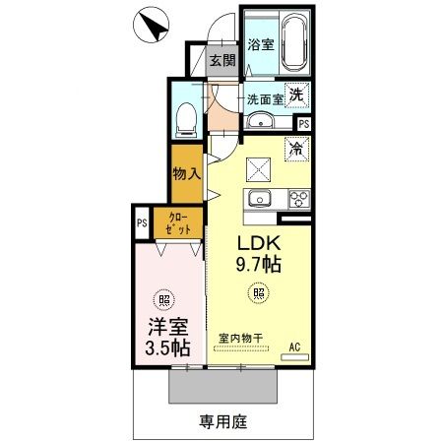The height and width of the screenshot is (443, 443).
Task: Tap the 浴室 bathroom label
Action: click(x=260, y=44)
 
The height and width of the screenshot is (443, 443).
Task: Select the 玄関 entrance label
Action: click(x=221, y=61)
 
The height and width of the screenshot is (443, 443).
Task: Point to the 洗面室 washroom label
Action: click(x=265, y=98)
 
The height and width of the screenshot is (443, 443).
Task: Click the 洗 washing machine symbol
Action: click(x=295, y=96)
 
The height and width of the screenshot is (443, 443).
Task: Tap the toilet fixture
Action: click(x=184, y=120)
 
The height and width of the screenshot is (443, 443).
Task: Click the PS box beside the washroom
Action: click(x=302, y=123)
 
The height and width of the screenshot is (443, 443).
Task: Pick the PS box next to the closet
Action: click(x=142, y=222)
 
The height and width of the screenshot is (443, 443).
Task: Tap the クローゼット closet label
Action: click(x=178, y=221)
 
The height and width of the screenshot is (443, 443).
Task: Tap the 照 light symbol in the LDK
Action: click(x=259, y=291)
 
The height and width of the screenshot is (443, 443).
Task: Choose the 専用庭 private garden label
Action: click(x=222, y=420)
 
